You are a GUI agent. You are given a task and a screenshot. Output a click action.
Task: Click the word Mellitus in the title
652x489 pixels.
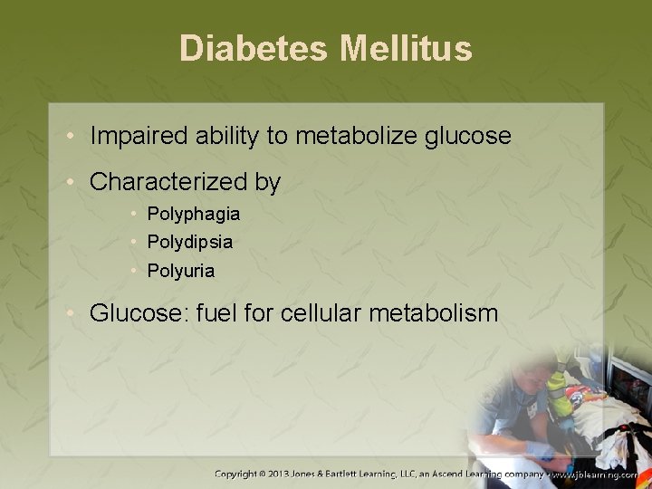406,49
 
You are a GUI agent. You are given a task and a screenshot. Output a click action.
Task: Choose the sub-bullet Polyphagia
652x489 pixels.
193,215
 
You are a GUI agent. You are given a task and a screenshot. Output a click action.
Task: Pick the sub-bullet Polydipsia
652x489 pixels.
189,243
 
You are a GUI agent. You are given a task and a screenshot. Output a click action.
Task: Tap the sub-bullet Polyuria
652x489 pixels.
181,270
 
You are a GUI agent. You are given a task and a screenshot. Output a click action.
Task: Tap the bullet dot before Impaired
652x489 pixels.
72,138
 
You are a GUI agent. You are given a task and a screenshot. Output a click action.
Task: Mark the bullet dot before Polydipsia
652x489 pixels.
132,243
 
